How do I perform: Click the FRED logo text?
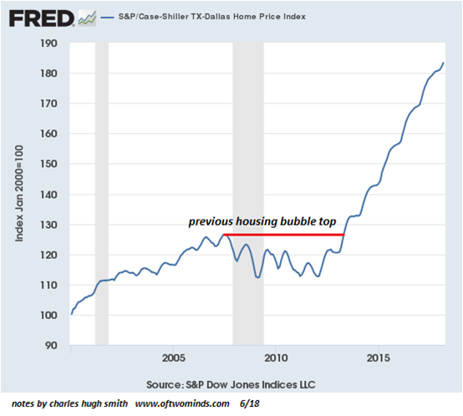[x=41, y=18]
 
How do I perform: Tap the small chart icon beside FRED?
[x=87, y=18]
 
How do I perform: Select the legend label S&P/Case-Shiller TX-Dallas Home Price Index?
[x=212, y=17]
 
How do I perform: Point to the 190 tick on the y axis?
[x=48, y=43]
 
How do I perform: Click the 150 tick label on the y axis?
[x=48, y=164]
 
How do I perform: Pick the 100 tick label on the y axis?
[x=48, y=315]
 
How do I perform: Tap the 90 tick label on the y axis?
[x=51, y=345]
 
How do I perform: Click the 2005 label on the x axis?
[x=174, y=358]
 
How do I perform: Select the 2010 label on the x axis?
[x=276, y=358]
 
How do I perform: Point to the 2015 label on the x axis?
[x=379, y=358]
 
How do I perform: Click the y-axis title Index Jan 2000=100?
[x=19, y=194]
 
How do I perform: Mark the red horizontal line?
[x=284, y=235]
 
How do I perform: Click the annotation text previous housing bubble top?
[x=262, y=221]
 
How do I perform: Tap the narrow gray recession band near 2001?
[x=102, y=194]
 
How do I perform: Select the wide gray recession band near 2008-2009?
[x=248, y=194]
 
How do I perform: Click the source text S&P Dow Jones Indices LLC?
[x=251, y=384]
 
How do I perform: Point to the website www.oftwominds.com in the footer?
[x=182, y=403]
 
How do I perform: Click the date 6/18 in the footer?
[x=250, y=403]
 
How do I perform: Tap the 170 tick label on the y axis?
[x=48, y=104]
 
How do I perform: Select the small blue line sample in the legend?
[x=107, y=18]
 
